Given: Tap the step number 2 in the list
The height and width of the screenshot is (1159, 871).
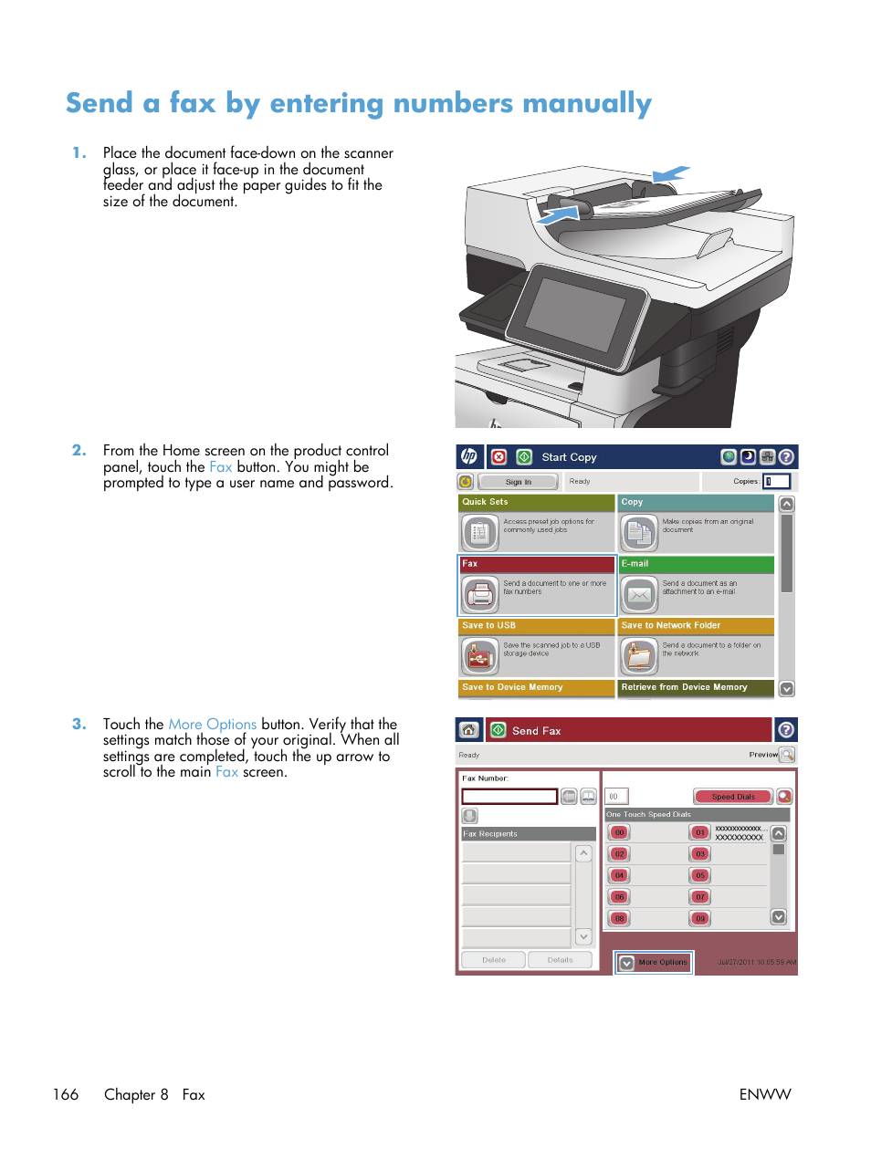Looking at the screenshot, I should coord(79,450).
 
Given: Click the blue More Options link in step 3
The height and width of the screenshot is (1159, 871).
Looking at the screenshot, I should coord(212,724).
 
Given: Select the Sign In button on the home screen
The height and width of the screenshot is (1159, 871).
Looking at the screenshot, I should coord(518,482).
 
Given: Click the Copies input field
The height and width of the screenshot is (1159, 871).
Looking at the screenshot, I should coord(777,481).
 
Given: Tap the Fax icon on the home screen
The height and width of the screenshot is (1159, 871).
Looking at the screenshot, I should coord(479,595).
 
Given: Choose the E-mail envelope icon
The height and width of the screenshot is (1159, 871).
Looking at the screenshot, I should coord(639,595).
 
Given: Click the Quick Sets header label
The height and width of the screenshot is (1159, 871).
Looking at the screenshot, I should coord(486,502).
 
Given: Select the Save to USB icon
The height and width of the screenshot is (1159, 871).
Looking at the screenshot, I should coord(479,657).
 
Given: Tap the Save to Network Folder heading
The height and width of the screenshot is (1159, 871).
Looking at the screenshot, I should coord(671,626).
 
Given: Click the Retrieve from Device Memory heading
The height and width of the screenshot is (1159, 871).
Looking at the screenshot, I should coord(684,687).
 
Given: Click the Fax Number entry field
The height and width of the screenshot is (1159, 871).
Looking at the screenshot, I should coord(509,796).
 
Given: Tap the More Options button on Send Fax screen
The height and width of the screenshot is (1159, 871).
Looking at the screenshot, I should coord(654,962).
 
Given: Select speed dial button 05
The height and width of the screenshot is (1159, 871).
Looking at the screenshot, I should coord(700,875).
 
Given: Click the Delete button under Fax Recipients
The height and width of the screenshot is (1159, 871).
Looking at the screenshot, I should coord(493,960).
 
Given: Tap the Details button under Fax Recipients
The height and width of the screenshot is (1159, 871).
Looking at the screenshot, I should coord(560,960).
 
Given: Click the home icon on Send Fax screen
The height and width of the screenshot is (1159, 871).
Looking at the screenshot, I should coord(468,730).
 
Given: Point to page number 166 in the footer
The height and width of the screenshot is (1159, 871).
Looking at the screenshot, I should coord(66,1094).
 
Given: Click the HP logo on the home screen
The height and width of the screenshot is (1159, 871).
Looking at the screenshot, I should coord(468,457).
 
